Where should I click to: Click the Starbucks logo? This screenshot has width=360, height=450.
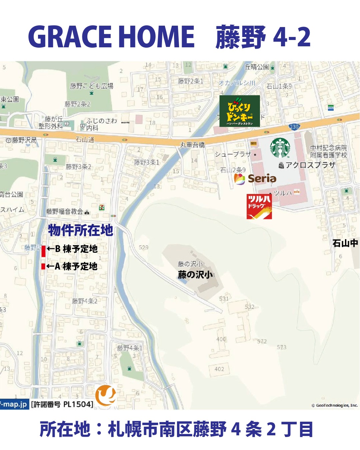(280, 148)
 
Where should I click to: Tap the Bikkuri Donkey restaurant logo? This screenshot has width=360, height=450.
(239, 111)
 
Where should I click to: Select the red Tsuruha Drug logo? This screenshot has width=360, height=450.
(259, 207)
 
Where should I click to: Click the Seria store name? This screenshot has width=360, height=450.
(262, 179)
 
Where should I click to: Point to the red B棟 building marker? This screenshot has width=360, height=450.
(43, 251)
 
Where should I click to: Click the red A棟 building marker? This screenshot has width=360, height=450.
(43, 266)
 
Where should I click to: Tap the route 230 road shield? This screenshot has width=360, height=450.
(294, 127)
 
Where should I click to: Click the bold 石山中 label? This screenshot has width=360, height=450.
(345, 243)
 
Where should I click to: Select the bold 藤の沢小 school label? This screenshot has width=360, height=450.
(195, 275)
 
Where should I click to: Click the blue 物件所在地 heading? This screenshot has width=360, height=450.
(80, 230)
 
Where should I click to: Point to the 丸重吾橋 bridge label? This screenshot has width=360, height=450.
(192, 145)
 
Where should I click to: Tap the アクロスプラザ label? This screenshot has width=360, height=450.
(310, 165)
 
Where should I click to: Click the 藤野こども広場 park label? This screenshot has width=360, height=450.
(91, 86)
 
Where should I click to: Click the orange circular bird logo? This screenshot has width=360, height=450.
(106, 395)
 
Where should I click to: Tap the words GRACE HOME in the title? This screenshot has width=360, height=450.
(111, 37)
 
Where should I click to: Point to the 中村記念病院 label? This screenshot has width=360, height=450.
(328, 148)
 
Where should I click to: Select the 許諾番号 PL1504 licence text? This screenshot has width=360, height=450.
(62, 404)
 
